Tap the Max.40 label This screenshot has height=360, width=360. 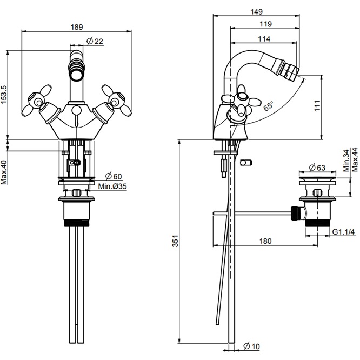pos(4,171)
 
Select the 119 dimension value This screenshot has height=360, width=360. pos(265,24)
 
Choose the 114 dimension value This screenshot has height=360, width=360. pos(264,38)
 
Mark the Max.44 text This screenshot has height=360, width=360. pos(355,160)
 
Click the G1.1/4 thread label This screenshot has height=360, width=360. pos(343,232)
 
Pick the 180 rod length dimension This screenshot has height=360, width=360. pos(265,241)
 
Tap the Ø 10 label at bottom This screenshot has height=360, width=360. pos(253,346)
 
